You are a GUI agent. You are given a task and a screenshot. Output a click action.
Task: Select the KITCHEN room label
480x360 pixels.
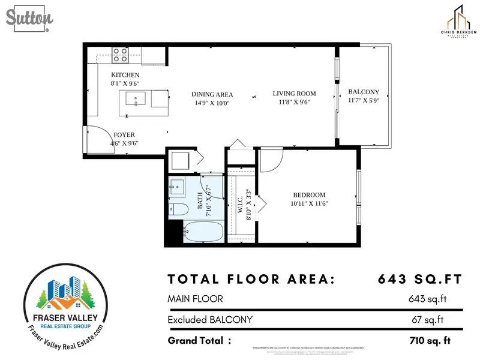pyautogui.click(x=125, y=75)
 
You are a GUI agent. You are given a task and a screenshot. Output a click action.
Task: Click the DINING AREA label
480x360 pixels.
pyautogui.click(x=212, y=95)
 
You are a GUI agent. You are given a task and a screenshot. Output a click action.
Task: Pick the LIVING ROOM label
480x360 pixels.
pyautogui.click(x=294, y=94)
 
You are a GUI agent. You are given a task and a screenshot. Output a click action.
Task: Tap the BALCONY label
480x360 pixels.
pyautogui.click(x=364, y=92)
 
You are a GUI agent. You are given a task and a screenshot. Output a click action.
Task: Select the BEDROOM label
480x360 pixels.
pyautogui.click(x=309, y=195)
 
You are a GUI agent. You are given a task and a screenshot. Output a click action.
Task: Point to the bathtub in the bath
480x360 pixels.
pyautogui.click(x=202, y=232)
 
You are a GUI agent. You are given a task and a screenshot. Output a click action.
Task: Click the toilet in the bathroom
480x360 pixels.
pyautogui.click(x=177, y=209)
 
